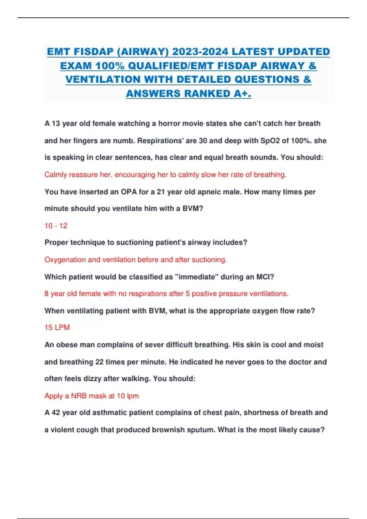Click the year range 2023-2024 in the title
tap(200, 52)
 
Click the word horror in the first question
tap(169, 124)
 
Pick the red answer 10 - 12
tap(56, 226)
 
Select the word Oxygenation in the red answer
tap(65, 259)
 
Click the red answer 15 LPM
tap(57, 327)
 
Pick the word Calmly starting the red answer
tap(56, 175)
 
